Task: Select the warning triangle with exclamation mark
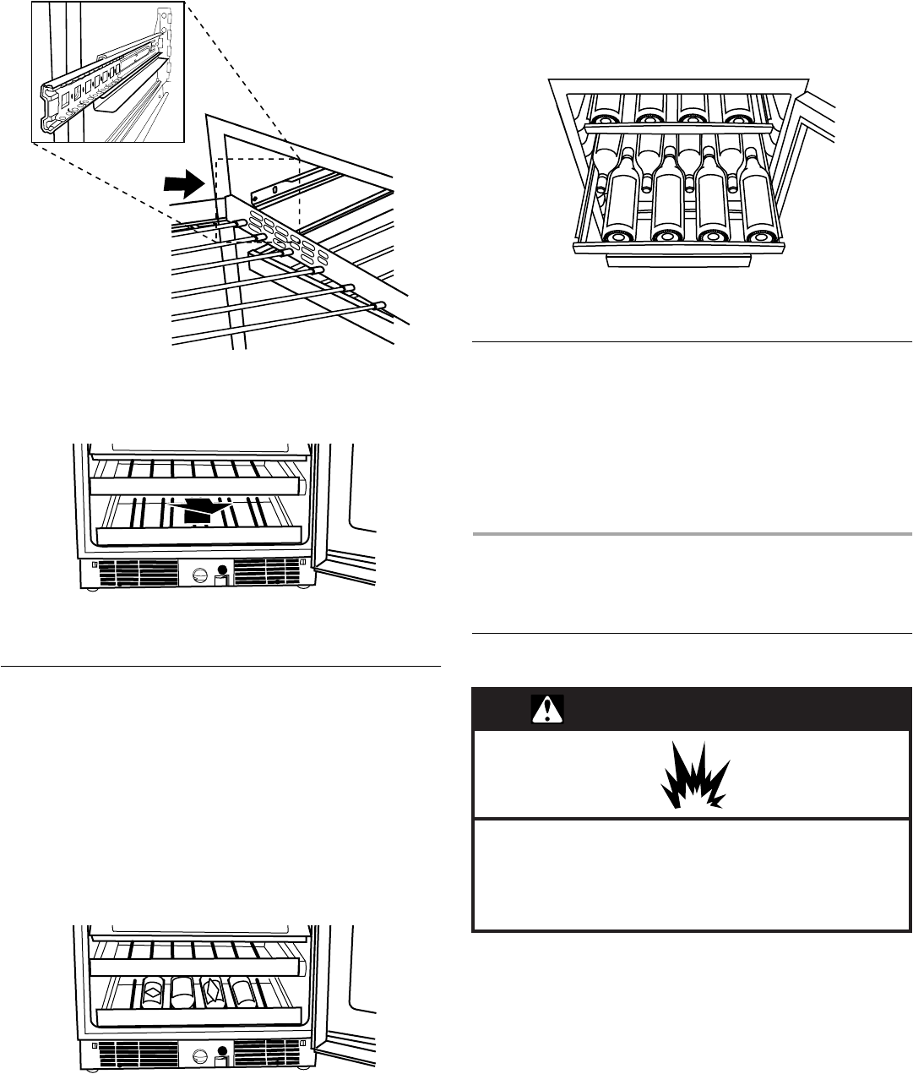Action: click(x=547, y=711)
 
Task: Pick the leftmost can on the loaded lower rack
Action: click(x=153, y=992)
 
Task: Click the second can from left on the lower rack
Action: click(x=182, y=992)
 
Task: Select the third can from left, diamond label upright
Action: click(x=211, y=992)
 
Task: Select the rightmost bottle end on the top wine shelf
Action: click(x=740, y=108)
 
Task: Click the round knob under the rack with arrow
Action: click(x=200, y=575)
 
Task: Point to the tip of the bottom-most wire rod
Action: click(x=379, y=305)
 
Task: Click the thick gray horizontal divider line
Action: click(x=691, y=534)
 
